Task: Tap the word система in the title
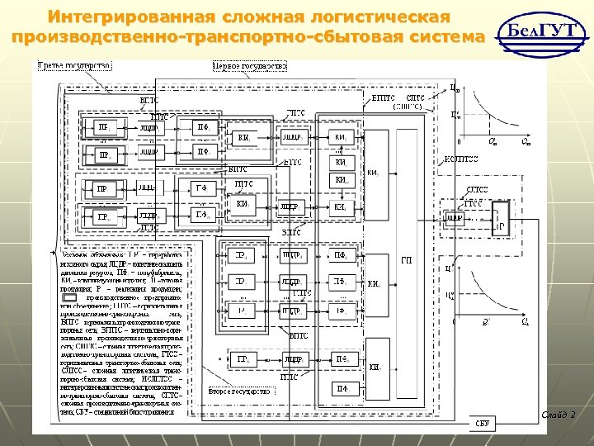click(446, 38)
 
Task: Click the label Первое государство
click(250, 65)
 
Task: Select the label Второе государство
click(240, 391)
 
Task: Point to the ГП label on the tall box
click(407, 262)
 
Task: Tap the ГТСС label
click(473, 202)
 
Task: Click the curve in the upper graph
click(487, 116)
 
